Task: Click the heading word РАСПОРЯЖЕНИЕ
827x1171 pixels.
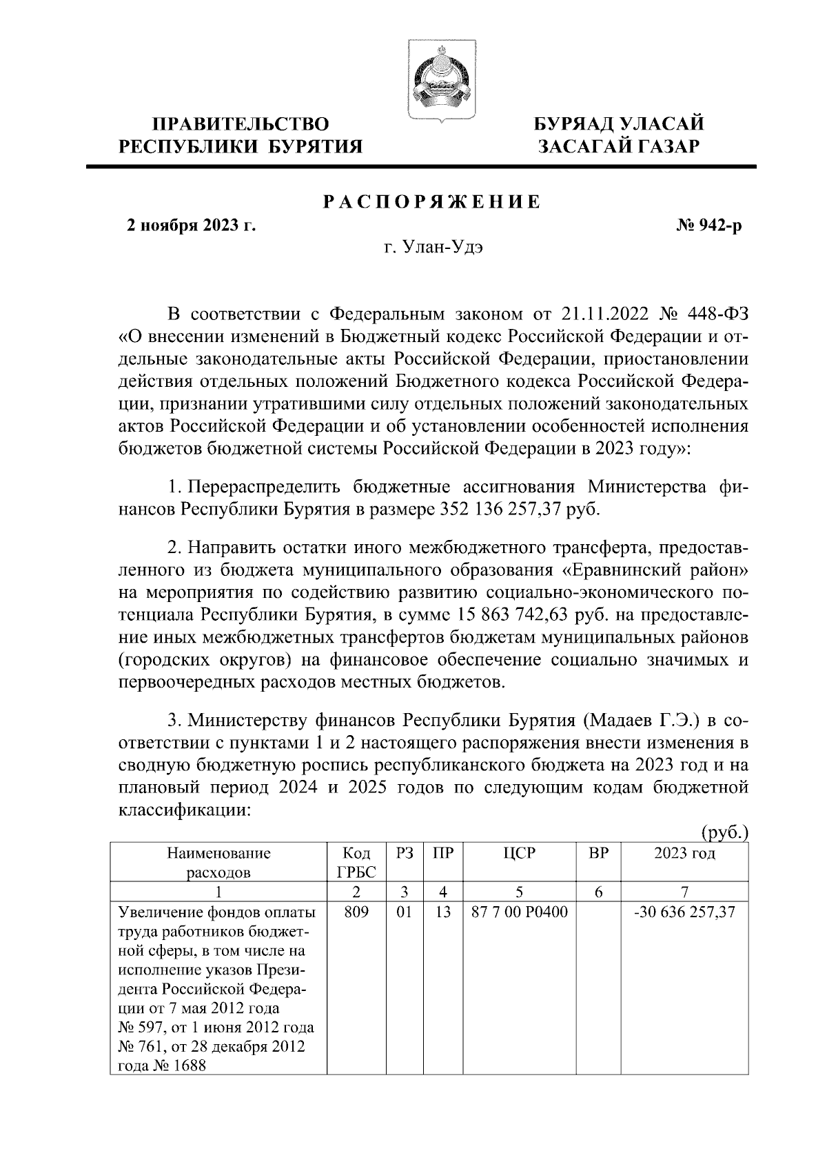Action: [x=432, y=202]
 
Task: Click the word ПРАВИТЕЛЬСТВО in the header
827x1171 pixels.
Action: [x=241, y=124]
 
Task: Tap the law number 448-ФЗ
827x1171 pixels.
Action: [x=717, y=314]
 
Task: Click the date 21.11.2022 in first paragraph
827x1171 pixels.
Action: [x=604, y=314]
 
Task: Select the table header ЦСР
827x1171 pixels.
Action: [x=519, y=853]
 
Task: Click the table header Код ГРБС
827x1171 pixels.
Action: [x=356, y=862]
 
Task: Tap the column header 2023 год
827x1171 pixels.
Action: [x=684, y=853]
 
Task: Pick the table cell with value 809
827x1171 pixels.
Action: [x=356, y=912]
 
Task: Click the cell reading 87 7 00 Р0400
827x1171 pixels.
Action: [x=519, y=912]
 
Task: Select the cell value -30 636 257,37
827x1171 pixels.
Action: [x=684, y=912]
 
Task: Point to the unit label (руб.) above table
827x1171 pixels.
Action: [x=724, y=833]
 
